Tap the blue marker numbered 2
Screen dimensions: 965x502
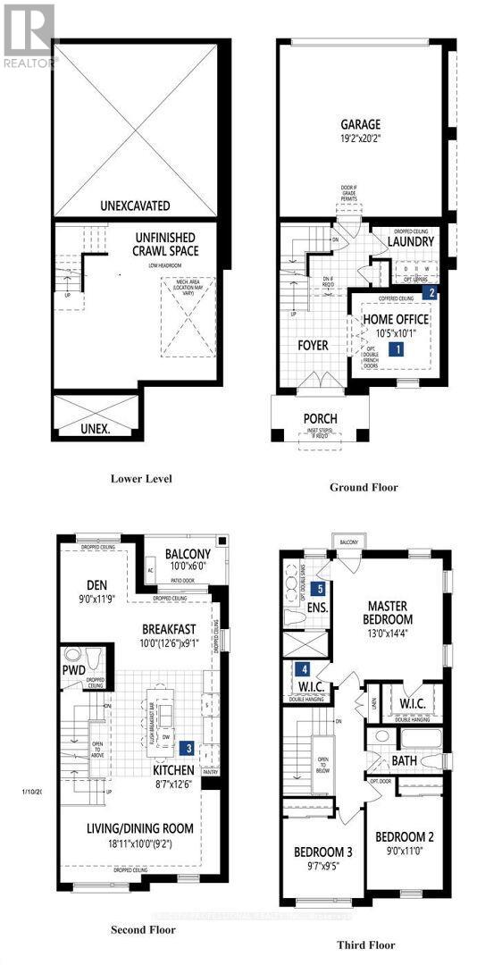pos(431,291)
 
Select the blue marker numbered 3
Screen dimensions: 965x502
pos(188,748)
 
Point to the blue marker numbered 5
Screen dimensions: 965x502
pos(319,590)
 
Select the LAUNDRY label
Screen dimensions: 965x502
pos(411,242)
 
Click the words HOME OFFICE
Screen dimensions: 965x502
pos(395,320)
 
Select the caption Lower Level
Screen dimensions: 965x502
pos(141,478)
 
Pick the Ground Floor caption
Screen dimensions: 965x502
pos(364,487)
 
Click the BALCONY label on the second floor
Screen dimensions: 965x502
pos(187,554)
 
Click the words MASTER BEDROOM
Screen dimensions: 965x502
pos(389,612)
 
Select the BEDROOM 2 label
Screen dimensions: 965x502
pos(405,837)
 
